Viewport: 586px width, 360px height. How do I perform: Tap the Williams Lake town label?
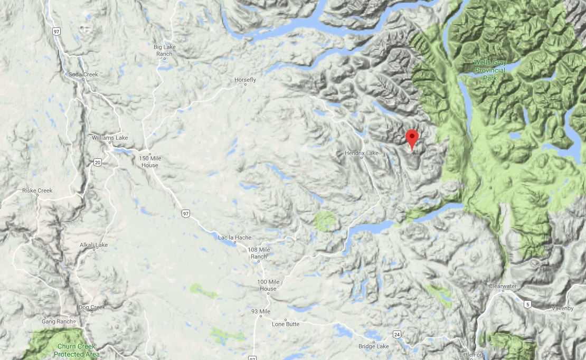pyautogui.click(x=110, y=138)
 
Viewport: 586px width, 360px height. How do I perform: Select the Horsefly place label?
pyautogui.click(x=245, y=80)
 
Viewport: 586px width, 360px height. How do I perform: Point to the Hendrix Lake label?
pyautogui.click(x=362, y=153)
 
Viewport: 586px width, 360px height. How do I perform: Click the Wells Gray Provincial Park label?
pyautogui.click(x=489, y=70)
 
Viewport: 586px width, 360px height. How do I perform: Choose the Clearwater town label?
pyautogui.click(x=502, y=286)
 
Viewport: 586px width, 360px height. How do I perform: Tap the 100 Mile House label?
pyautogui.click(x=268, y=285)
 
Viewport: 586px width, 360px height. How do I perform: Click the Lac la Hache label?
pyautogui.click(x=235, y=238)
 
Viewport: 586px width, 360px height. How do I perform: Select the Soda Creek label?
pyautogui.click(x=83, y=74)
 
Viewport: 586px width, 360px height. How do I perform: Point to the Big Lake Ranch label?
pyautogui.click(x=165, y=51)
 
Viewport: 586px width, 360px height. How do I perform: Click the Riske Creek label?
pyautogui.click(x=37, y=191)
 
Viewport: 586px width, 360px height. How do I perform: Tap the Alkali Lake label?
pyautogui.click(x=94, y=245)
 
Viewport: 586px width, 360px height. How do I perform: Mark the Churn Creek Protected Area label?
pyautogui.click(x=77, y=350)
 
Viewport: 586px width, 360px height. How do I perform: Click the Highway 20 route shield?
pyautogui.click(x=98, y=163)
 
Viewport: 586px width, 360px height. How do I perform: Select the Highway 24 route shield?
pyautogui.click(x=396, y=334)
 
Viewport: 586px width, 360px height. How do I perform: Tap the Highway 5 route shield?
pyautogui.click(x=527, y=304)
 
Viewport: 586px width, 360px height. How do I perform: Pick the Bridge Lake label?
pyautogui.click(x=374, y=346)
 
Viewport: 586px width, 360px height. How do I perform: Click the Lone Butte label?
pyautogui.click(x=286, y=324)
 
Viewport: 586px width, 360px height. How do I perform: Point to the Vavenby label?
pyautogui.click(x=562, y=308)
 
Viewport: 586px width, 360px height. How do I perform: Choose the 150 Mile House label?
pyautogui.click(x=149, y=162)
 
